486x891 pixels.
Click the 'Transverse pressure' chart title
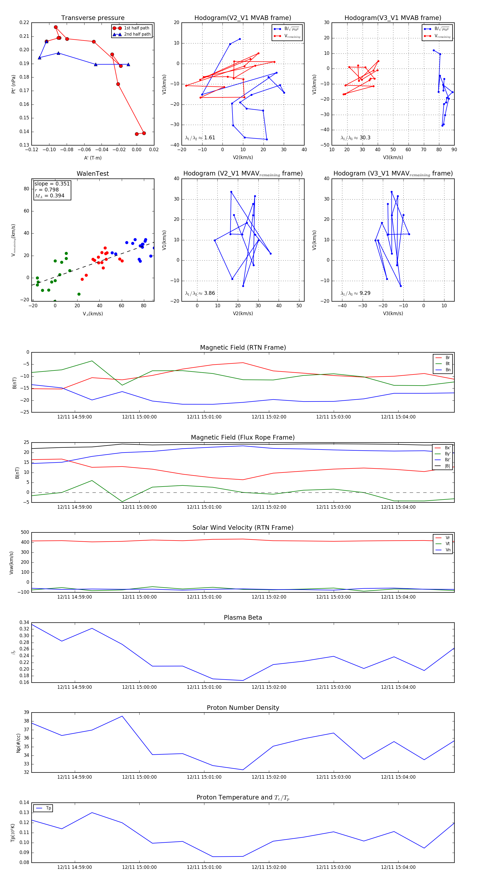pyautogui.click(x=93, y=18)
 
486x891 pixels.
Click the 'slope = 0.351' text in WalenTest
pyautogui.click(x=52, y=184)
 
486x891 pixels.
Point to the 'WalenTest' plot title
pyautogui.click(x=93, y=174)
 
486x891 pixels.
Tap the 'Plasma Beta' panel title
pyautogui.click(x=243, y=617)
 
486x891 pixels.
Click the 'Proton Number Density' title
pyautogui.click(x=243, y=708)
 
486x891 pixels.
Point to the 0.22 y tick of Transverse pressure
pyautogui.click(x=24, y=22)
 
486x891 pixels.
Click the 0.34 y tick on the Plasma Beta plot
pyautogui.click(x=24, y=622)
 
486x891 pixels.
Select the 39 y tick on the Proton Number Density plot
pyautogui.click(x=26, y=713)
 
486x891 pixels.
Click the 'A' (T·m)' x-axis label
pyautogui.click(x=93, y=158)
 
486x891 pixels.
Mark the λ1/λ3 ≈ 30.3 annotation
pyautogui.click(x=355, y=138)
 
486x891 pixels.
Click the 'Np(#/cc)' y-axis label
pyautogui.click(x=18, y=742)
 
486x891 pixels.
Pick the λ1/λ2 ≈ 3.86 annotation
pyautogui.click(x=200, y=293)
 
